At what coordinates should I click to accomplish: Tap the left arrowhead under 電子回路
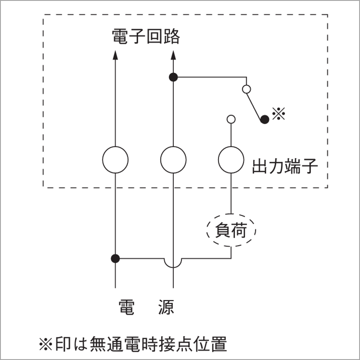pos(115,55)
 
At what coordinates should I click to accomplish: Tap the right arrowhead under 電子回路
pos(173,55)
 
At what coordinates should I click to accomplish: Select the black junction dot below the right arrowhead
pos(173,78)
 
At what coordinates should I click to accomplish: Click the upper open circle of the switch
pos(246,89)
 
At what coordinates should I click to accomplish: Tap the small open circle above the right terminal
pos(231,119)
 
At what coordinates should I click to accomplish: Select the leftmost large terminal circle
pos(115,159)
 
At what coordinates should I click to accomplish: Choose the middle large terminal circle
pos(173,159)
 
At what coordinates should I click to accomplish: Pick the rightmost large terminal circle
pos(231,159)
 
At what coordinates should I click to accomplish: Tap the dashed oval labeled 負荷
pos(231,231)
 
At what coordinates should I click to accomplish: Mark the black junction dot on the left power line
pos(115,259)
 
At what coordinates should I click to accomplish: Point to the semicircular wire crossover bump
pos(173,263)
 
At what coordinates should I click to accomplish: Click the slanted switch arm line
pos(254,104)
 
